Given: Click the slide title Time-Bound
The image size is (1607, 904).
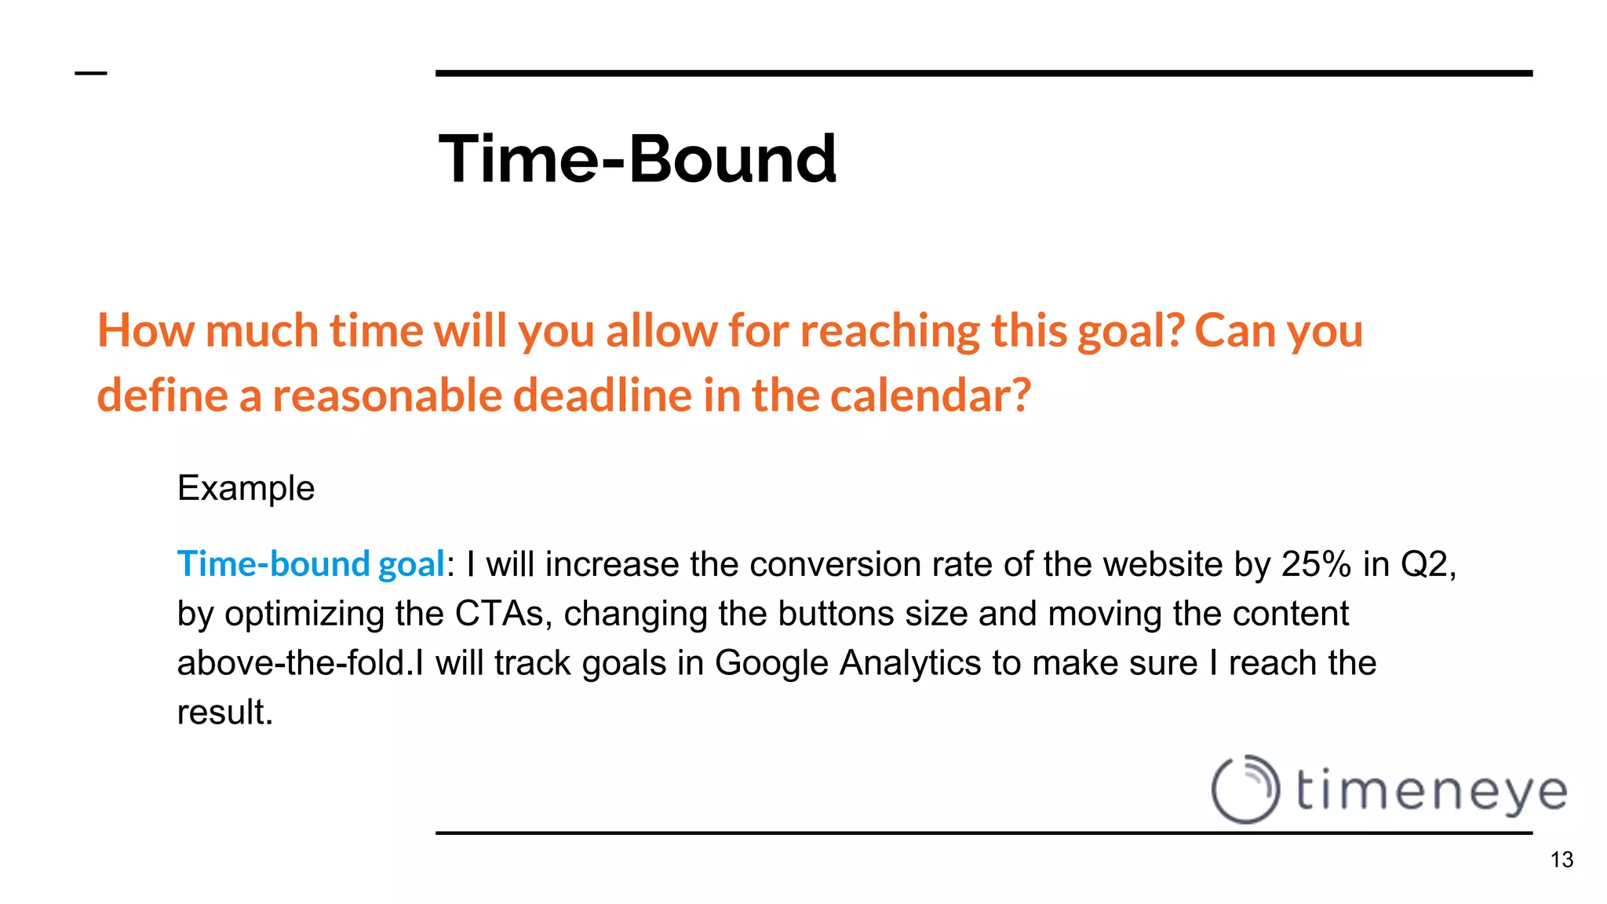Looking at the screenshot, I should pos(637,159).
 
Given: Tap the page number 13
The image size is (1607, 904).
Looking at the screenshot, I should pos(1561,860).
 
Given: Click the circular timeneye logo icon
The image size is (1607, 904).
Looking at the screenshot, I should pos(1245,789).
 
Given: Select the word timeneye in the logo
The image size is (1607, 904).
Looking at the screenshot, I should pos(1430,791).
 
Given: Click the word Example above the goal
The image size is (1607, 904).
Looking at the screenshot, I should pos(246,489).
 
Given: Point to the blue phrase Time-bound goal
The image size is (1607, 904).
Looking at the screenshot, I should pos(311,564).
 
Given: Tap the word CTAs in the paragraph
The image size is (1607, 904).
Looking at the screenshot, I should pos(499,614).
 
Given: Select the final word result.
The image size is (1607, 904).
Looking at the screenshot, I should pos(224,713).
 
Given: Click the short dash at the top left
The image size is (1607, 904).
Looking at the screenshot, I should pos(90,74).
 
